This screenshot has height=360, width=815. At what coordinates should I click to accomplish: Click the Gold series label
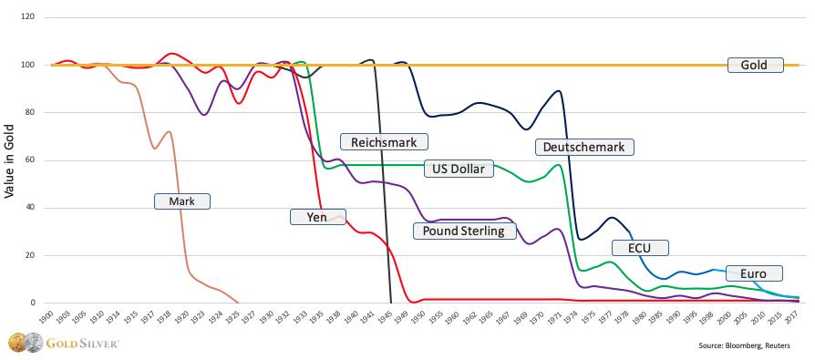pyautogui.click(x=755, y=65)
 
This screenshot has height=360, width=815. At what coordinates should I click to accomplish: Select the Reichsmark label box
pyautogui.click(x=384, y=141)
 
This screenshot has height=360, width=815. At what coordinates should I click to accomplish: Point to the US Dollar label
pyautogui.click(x=459, y=168)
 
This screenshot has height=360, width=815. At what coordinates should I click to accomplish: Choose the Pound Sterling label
pyautogui.click(x=464, y=231)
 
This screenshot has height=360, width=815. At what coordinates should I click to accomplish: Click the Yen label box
pyautogui.click(x=311, y=216)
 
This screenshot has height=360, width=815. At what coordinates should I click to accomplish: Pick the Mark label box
pyautogui.click(x=183, y=201)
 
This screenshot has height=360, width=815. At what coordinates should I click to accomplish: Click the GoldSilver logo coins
pyautogui.click(x=19, y=344)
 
